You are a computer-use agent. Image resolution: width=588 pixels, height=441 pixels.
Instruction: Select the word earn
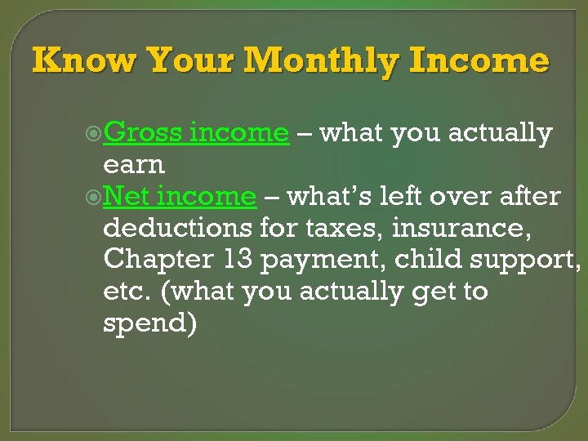(x=134, y=164)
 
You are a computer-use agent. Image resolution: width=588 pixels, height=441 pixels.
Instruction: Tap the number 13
(x=238, y=260)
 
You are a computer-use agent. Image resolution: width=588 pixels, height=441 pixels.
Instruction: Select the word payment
(x=326, y=261)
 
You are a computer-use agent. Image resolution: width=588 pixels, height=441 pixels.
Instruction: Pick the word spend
(x=150, y=324)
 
